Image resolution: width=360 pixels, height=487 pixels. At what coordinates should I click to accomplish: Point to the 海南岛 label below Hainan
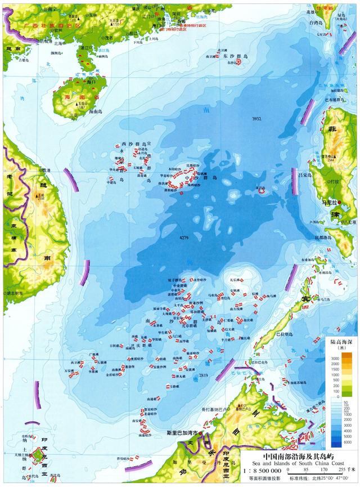click(x=99, y=112)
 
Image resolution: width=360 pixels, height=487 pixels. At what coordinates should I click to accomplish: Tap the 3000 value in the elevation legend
click(x=334, y=358)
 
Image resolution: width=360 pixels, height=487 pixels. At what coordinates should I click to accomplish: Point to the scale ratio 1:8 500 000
click(x=262, y=470)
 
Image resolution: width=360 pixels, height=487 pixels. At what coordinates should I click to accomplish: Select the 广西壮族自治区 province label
click(x=49, y=26)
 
